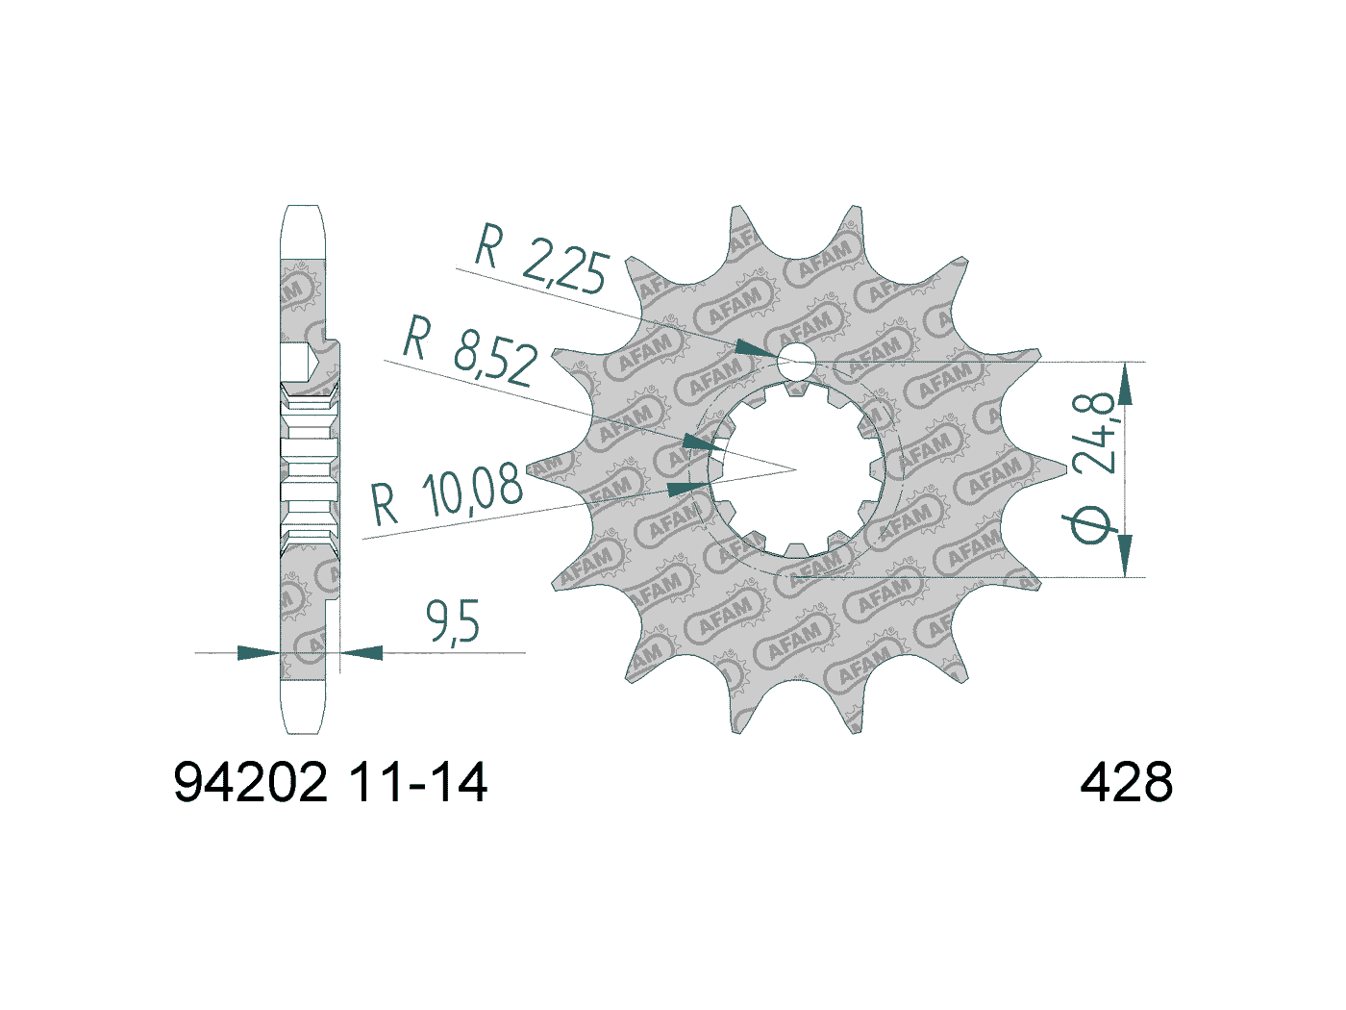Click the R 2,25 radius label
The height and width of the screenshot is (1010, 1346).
pos(542,259)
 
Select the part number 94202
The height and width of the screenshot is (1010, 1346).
pos(251,782)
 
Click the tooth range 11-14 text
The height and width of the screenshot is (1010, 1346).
pos(417,782)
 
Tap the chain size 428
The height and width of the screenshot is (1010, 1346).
pos(1126,782)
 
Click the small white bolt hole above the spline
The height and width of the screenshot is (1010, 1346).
pos(795,362)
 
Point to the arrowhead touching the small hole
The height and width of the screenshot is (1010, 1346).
pos(756,348)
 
